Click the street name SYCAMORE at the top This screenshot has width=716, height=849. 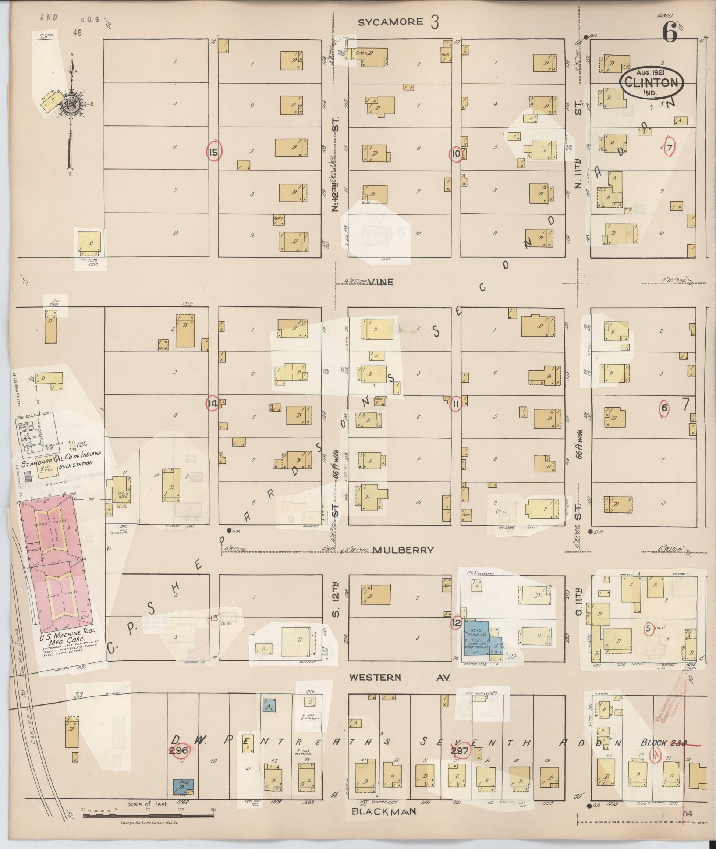(390, 22)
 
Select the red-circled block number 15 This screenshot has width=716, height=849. (214, 153)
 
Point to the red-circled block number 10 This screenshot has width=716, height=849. (456, 153)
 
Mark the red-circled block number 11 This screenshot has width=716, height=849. (456, 404)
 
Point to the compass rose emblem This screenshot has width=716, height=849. (70, 104)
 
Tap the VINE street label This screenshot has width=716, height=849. (381, 282)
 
